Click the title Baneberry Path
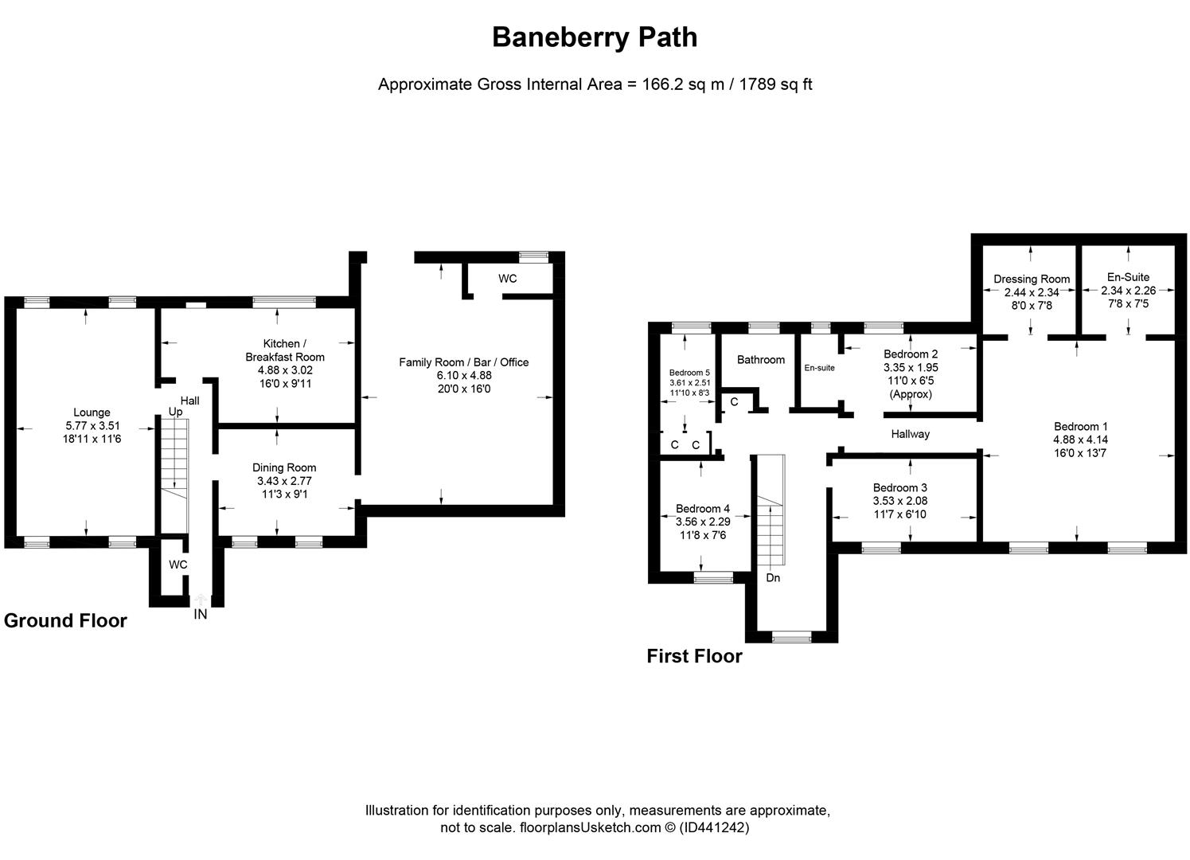(595, 37)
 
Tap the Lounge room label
(92, 412)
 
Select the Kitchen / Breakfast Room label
(285, 350)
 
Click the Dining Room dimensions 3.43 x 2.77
(284, 481)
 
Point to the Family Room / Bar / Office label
(463, 362)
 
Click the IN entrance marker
(200, 614)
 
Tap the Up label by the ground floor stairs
(175, 412)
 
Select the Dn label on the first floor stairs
(773, 577)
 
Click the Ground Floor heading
(65, 621)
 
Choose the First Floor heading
(694, 656)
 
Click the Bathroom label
(760, 360)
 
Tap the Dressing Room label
(1032, 279)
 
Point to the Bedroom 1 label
(1080, 426)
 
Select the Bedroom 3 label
(899, 488)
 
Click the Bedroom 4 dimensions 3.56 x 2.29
(702, 522)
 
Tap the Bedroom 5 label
(689, 373)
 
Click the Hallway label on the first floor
(910, 434)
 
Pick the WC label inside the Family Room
(507, 279)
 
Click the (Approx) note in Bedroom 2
(911, 394)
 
